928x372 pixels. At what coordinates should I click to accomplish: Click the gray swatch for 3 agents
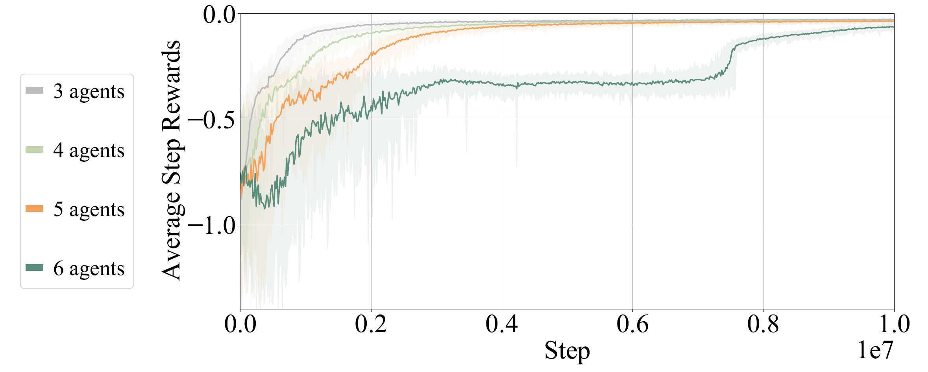tap(34, 91)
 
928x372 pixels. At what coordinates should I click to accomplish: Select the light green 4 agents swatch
tap(34, 150)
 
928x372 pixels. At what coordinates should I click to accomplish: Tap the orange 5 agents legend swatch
tap(34, 209)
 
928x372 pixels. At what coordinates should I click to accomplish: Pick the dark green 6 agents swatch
tap(34, 268)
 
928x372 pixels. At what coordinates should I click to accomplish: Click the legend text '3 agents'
tap(89, 91)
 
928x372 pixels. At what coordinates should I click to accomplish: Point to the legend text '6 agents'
tap(89, 268)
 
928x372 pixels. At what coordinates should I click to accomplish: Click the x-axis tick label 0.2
tap(371, 324)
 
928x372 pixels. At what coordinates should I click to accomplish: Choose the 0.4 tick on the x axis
tap(502, 324)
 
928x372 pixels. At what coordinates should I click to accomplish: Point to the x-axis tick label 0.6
tap(632, 324)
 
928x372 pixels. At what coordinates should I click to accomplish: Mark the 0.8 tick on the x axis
tap(763, 324)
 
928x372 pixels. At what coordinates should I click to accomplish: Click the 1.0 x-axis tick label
tap(894, 324)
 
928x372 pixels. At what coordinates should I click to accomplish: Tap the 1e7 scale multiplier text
tap(875, 350)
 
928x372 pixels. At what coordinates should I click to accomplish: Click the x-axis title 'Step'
tap(567, 350)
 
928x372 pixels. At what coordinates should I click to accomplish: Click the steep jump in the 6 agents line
tap(731, 59)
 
